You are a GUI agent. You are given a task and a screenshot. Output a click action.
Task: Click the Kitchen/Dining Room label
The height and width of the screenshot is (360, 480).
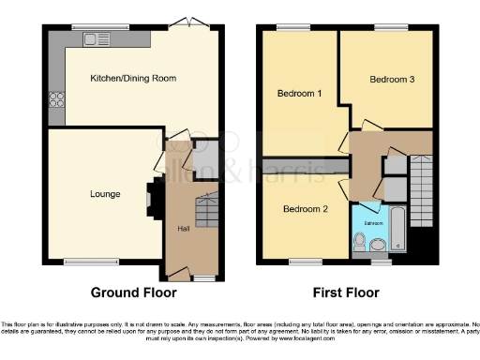133,78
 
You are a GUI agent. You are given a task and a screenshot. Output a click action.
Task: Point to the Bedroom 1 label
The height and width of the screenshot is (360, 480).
299,94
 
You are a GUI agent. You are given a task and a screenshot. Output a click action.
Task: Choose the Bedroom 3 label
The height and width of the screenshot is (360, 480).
392,80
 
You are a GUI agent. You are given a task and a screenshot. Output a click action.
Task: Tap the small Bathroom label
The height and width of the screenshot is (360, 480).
373,223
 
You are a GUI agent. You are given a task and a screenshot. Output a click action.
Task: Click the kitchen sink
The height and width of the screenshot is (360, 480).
95,39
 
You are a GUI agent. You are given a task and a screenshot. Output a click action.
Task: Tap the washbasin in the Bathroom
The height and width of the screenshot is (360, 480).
378,247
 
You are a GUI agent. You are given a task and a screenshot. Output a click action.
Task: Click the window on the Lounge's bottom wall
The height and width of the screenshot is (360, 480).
91,262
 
